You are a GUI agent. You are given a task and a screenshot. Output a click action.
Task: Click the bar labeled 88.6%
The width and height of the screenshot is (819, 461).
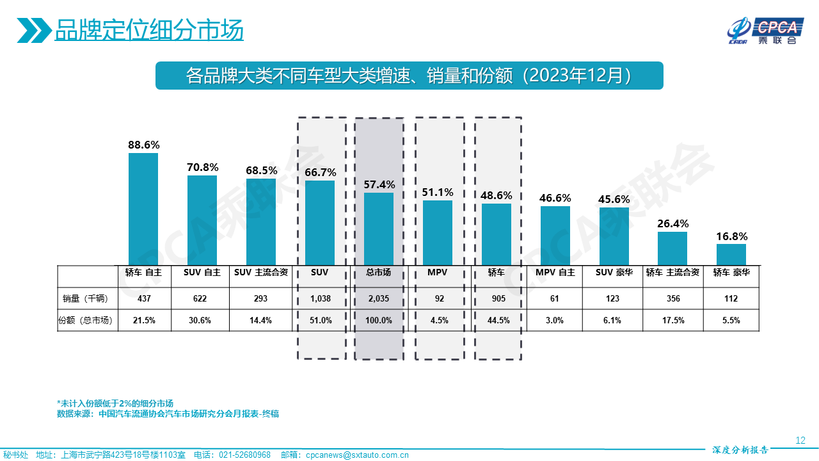click(x=143, y=208)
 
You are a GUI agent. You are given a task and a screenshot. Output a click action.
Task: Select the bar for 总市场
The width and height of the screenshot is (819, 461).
click(x=378, y=228)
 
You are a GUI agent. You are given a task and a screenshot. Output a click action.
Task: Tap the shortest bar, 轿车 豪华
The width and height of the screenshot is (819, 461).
click(x=731, y=254)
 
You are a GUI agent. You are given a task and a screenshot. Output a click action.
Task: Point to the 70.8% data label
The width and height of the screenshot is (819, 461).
click(x=202, y=168)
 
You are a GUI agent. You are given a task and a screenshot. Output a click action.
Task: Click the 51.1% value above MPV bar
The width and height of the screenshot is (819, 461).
click(x=438, y=192)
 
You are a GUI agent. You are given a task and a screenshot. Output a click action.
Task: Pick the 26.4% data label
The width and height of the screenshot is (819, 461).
click(x=672, y=223)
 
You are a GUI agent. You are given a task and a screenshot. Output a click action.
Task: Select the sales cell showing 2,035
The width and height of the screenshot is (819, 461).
click(x=378, y=298)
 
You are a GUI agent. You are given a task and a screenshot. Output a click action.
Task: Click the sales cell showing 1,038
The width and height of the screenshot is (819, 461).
click(x=319, y=298)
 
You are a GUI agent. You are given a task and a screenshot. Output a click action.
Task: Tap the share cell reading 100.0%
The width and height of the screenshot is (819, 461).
click(x=378, y=321)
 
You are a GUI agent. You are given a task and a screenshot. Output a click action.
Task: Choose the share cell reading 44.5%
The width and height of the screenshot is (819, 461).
click(x=497, y=321)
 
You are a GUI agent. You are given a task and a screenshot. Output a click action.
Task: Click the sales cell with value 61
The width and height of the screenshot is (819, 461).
click(x=555, y=298)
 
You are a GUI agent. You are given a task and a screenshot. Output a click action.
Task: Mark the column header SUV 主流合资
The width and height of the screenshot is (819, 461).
click(x=260, y=272)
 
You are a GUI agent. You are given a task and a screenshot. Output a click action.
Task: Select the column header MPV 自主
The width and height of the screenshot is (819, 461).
click(x=555, y=272)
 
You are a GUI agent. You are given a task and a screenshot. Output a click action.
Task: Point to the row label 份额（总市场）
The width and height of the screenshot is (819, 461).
click(x=86, y=321)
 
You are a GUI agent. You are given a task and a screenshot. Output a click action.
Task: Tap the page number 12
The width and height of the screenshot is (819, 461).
click(x=800, y=441)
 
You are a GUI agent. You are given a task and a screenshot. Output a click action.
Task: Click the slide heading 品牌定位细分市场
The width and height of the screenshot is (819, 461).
click(x=149, y=30)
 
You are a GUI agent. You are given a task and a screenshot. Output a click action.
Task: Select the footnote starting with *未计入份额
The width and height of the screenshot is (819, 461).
click(x=115, y=403)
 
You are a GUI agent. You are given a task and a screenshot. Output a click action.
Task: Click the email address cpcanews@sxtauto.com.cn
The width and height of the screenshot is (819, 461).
click(x=357, y=455)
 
